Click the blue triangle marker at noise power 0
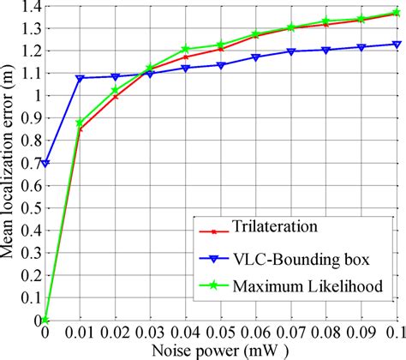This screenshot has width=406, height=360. (x=45, y=163)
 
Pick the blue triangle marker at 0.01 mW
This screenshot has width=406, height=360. (x=80, y=78)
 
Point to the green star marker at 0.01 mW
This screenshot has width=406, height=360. (x=80, y=123)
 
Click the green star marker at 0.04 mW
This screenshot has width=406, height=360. (x=185, y=50)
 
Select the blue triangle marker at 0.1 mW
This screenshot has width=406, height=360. (x=396, y=44)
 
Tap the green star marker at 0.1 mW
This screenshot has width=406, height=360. (x=396, y=14)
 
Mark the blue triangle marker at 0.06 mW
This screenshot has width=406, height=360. (x=255, y=57)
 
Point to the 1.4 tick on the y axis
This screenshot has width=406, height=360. (x=30, y=8)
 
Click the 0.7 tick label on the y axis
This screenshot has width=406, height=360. (x=30, y=163)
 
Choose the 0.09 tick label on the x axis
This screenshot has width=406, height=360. (x=361, y=332)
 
